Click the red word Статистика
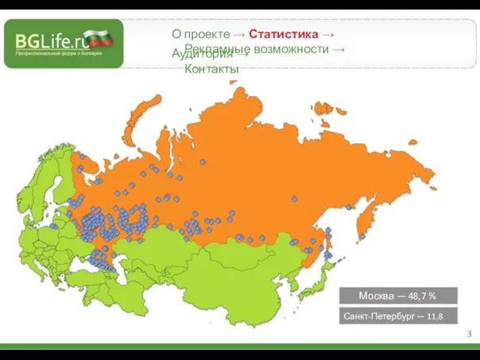click(x=284, y=34)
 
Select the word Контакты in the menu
click(x=211, y=70)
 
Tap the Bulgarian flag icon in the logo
click(x=100, y=38)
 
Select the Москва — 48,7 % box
click(x=399, y=296)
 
